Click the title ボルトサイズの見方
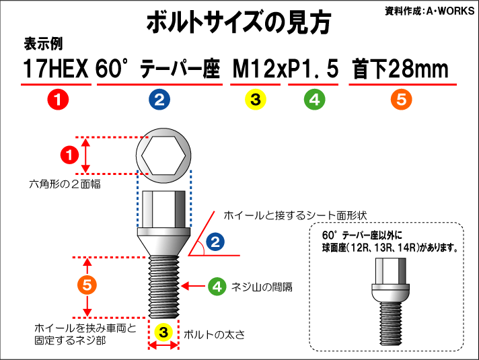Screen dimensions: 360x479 (239, 23)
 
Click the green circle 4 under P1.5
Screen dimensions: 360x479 (314, 100)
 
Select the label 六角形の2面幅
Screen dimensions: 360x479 (65, 184)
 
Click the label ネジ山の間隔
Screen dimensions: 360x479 (261, 287)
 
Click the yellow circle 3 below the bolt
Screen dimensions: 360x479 (163, 332)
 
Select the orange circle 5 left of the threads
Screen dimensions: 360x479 (87, 285)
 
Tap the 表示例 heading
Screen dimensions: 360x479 (43, 44)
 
